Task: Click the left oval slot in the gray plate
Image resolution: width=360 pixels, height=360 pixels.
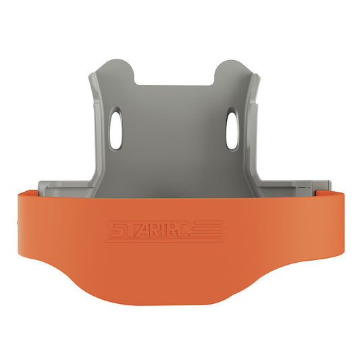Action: click(115, 129)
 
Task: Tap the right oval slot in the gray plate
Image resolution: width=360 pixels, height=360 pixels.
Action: click(232, 130)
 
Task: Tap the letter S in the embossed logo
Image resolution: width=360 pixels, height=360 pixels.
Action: click(116, 229)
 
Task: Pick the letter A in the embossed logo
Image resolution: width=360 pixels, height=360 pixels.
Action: click(149, 230)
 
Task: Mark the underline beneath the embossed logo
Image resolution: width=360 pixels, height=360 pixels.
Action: click(163, 240)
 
